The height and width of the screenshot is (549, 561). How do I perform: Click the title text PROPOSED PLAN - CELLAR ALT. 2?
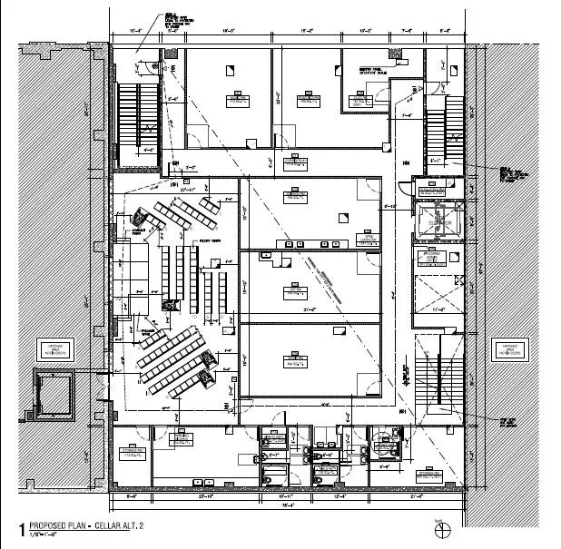[x=86, y=526]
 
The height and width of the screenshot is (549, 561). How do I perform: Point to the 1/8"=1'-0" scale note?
[x=44, y=535]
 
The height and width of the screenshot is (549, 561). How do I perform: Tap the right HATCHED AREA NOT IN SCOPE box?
[x=505, y=348]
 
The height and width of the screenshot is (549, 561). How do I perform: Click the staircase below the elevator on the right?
[x=438, y=369]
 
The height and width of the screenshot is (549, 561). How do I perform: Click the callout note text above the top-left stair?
[x=172, y=19]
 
